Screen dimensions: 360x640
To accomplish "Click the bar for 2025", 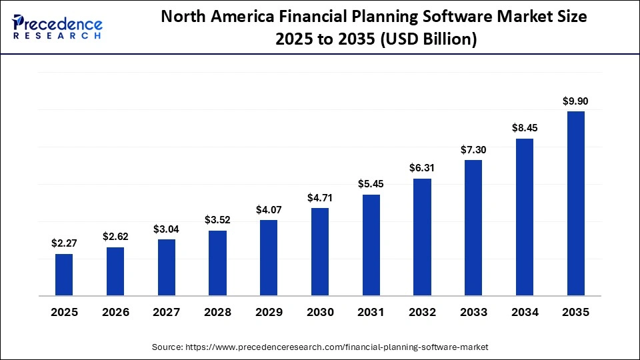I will point(64,275).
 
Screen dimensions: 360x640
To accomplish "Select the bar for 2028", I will point(217,263).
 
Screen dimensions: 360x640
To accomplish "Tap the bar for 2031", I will point(371,245).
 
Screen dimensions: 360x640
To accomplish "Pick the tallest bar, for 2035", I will point(575,203).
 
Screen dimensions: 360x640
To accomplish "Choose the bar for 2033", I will point(473,228).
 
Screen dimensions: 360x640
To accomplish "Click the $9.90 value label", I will point(575,101).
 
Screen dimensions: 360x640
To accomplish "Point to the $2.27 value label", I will point(64,243).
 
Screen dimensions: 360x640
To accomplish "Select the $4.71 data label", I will point(320,197).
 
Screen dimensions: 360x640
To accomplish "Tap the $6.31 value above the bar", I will point(422,168).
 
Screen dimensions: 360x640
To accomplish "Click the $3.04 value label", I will point(166,229).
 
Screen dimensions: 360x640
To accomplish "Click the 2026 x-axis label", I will point(115,312).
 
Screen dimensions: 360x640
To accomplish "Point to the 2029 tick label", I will point(269,312).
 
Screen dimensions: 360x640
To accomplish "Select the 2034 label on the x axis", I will point(524,312).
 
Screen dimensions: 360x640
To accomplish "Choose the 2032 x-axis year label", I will point(422,312).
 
